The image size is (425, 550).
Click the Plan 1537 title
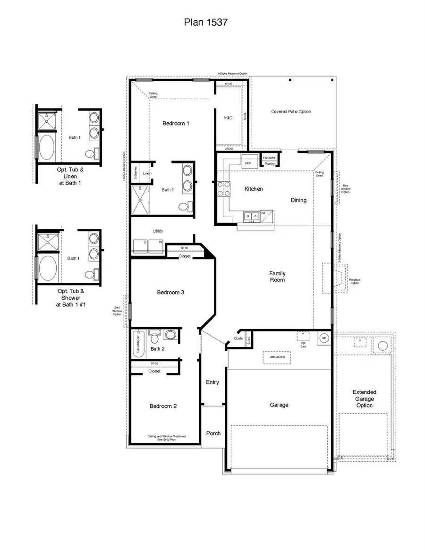click(206, 22)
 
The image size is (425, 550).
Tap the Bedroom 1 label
click(176, 124)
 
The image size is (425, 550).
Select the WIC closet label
click(228, 118)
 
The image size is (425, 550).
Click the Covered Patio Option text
click(291, 112)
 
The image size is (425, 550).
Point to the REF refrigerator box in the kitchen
click(248, 163)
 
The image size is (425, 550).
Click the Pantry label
click(270, 164)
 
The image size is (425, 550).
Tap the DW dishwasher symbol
click(263, 213)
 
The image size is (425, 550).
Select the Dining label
click(298, 200)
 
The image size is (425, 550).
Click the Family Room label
click(277, 277)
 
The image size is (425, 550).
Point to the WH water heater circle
click(324, 338)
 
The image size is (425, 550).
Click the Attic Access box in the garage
click(277, 358)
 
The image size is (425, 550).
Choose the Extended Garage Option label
click(364, 398)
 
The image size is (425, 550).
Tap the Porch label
click(213, 433)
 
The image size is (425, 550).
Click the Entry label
click(212, 382)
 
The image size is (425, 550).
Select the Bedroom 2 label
click(163, 406)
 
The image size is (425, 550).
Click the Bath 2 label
click(157, 349)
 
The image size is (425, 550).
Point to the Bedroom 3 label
click(170, 293)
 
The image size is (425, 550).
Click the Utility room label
click(158, 231)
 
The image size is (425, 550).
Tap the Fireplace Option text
click(355, 281)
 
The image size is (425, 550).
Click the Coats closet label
click(238, 338)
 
